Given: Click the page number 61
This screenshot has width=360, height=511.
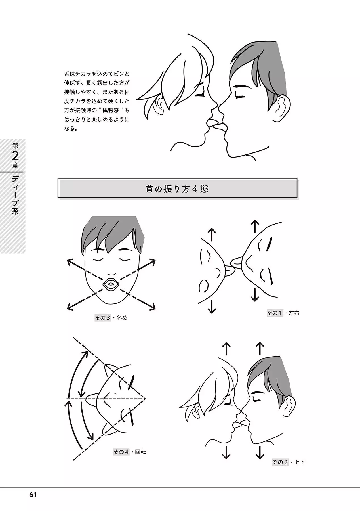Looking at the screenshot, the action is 33,495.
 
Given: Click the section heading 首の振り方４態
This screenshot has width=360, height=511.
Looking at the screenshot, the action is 177,189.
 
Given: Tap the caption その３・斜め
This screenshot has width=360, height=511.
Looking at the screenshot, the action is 111,318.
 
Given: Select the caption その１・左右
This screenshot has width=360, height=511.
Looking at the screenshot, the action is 283,313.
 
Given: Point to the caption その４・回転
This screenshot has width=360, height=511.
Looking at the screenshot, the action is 129,451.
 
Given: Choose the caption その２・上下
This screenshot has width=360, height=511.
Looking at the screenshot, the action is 289,462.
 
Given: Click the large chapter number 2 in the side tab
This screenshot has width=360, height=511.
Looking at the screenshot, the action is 15,156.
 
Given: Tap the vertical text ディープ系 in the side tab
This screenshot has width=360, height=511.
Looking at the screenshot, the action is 15,194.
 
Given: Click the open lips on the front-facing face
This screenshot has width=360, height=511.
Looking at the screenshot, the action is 110,284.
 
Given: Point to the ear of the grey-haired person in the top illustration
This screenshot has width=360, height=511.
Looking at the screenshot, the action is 282,108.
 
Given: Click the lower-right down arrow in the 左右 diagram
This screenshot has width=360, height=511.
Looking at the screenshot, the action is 255,295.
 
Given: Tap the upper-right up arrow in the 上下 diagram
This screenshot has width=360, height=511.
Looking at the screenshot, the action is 260,349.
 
